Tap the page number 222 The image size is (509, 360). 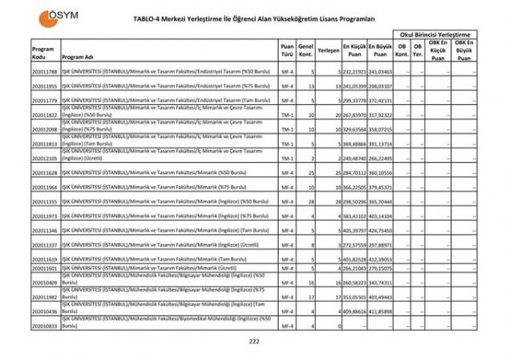[x=255, y=342]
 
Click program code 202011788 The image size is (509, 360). [x=44, y=72]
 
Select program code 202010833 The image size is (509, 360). [x=44, y=326]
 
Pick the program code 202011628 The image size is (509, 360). [x=44, y=172]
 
